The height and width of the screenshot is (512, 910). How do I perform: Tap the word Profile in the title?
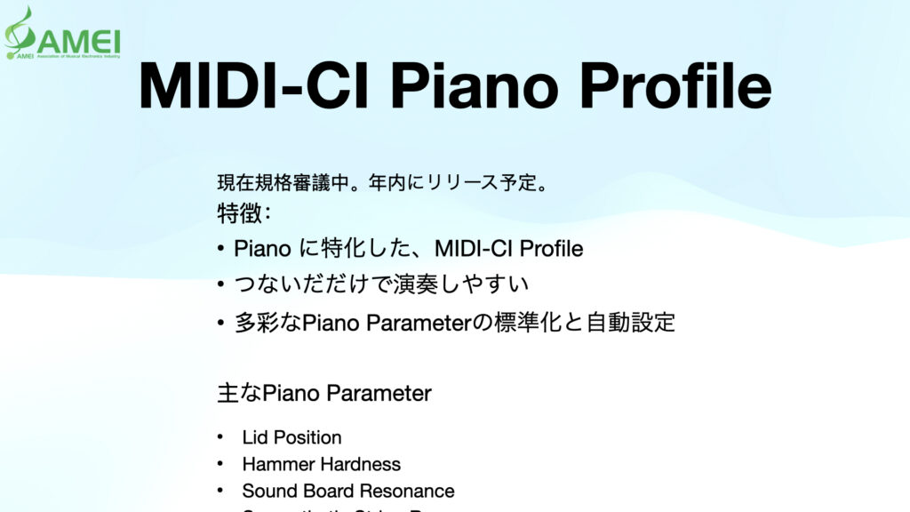click(x=676, y=86)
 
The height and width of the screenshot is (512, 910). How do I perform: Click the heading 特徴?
click(x=244, y=214)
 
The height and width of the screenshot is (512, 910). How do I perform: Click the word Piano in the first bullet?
click(x=262, y=249)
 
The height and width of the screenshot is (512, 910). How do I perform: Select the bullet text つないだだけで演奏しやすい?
click(x=381, y=285)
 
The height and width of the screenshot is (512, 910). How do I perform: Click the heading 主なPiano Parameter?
click(x=324, y=393)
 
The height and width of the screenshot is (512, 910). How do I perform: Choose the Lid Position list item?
click(x=291, y=437)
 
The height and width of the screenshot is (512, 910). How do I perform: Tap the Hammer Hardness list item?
click(x=321, y=464)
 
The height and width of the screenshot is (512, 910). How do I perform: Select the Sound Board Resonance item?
click(x=347, y=491)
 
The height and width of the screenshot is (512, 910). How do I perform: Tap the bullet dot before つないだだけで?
click(x=220, y=285)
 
